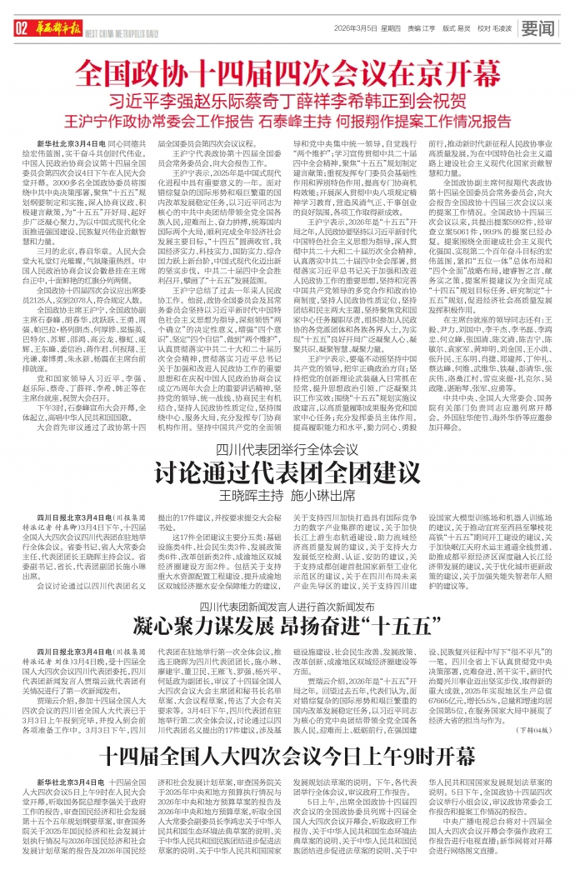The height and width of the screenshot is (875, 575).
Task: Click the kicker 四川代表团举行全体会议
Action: [x=287, y=447]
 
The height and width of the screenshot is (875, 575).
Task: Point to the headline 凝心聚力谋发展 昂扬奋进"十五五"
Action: [x=287, y=626]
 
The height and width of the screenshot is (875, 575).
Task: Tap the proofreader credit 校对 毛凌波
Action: [x=494, y=28]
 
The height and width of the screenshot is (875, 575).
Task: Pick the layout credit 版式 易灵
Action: [x=457, y=28]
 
